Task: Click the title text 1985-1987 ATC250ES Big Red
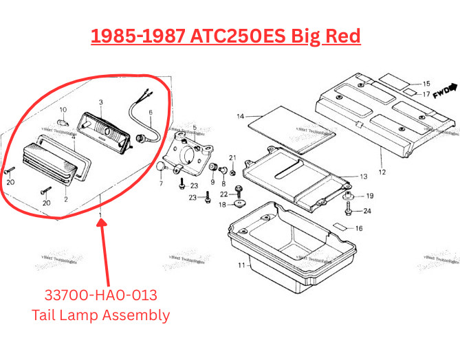[226, 36]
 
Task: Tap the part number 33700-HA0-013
[100, 295]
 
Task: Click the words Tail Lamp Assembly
[100, 315]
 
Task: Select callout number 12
[382, 172]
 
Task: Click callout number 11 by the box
[241, 265]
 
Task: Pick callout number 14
[240, 117]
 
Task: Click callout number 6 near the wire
[151, 112]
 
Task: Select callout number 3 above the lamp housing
[100, 102]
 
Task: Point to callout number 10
[63, 110]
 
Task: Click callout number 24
[367, 211]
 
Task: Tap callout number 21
[232, 157]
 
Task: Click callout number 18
[222, 205]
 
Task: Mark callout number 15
[426, 82]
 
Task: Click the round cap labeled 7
[160, 167]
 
